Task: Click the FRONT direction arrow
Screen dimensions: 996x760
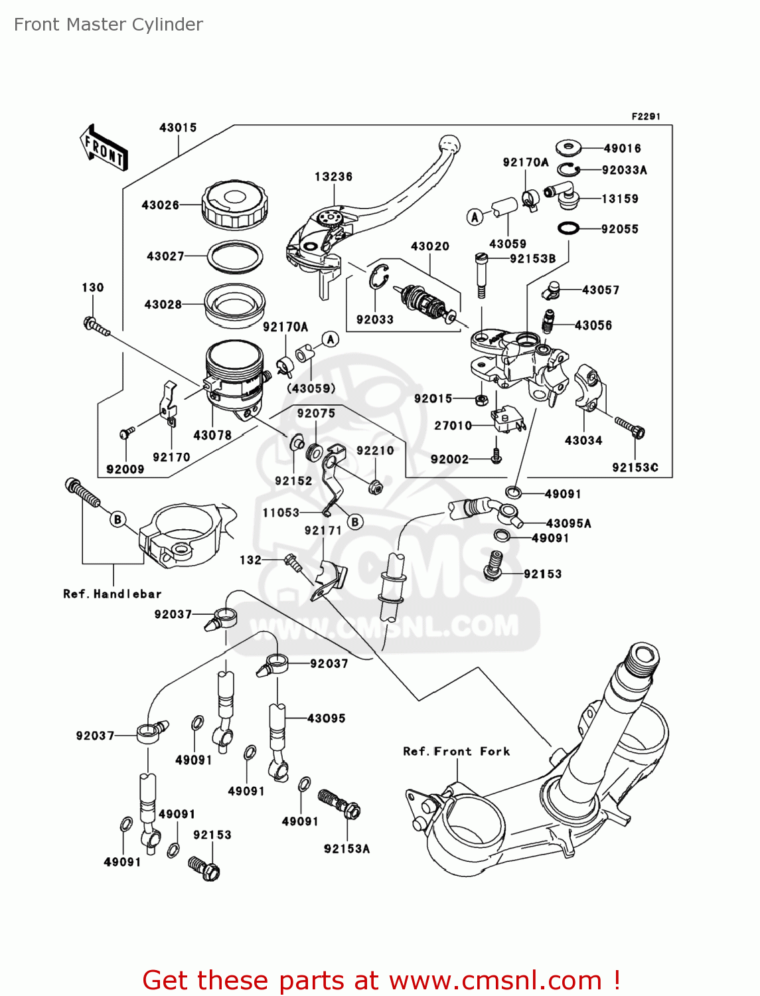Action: click(104, 148)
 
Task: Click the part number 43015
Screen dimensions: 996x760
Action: click(178, 127)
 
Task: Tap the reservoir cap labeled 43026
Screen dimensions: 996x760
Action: click(234, 204)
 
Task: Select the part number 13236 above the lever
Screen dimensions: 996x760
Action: click(333, 177)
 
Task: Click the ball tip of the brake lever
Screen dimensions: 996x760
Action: click(449, 144)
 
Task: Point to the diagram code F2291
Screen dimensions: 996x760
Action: click(645, 116)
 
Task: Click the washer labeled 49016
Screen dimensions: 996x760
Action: click(568, 147)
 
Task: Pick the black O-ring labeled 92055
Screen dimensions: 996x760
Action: click(568, 228)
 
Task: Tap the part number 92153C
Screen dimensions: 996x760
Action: click(635, 467)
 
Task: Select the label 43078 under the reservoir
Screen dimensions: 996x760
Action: click(212, 436)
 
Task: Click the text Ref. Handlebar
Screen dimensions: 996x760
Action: click(112, 594)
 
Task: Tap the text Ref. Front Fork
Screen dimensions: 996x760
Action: click(457, 751)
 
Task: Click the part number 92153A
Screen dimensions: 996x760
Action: click(346, 849)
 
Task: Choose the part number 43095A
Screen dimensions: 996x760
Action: click(568, 523)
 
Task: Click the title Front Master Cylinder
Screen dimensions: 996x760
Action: click(108, 25)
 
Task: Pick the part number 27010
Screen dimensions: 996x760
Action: click(453, 426)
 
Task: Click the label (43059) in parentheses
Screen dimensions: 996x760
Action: click(311, 388)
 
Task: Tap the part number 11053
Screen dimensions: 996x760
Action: click(281, 513)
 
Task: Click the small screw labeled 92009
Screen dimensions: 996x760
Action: click(125, 434)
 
